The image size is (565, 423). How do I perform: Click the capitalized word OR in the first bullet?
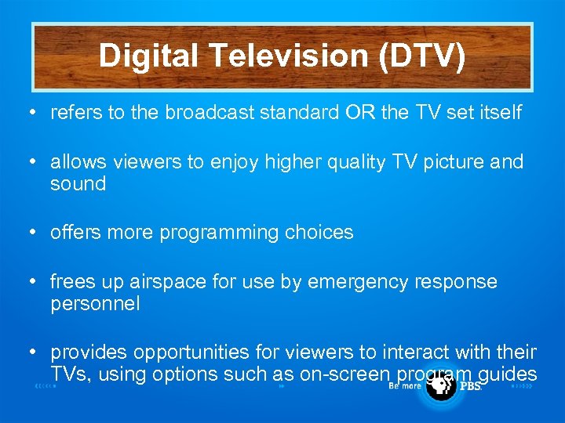pos(360,113)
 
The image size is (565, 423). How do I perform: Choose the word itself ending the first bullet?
pos(498,113)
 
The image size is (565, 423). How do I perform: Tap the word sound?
pos(78,184)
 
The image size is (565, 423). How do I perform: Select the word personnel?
pos(95,304)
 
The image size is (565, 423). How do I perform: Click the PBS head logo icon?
pos(442,386)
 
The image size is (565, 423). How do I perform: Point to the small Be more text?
pos(406,386)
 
